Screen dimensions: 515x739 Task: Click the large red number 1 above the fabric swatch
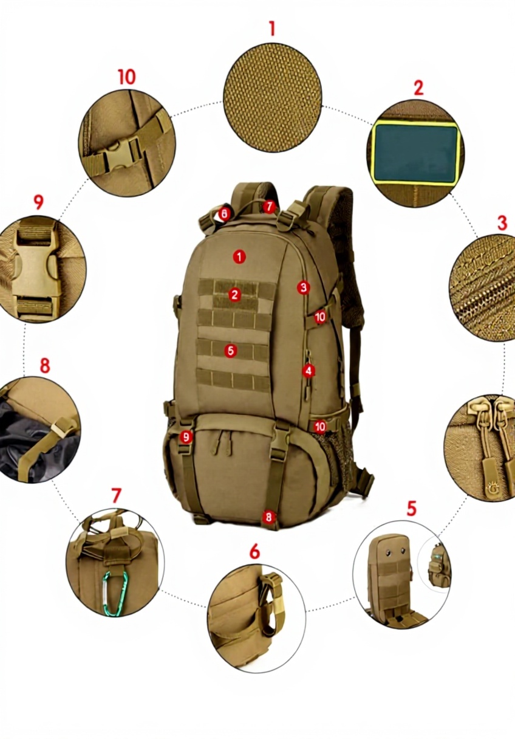(272, 29)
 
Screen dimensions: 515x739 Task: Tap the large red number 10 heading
(127, 77)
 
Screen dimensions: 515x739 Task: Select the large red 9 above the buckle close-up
(39, 202)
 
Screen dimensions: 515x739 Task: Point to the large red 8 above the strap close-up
(45, 365)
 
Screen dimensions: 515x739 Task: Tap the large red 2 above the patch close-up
(418, 88)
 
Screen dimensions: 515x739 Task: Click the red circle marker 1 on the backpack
(239, 256)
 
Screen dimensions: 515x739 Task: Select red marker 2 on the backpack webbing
(234, 295)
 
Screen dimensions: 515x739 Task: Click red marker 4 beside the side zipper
(309, 371)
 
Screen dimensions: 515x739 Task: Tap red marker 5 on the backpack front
(230, 351)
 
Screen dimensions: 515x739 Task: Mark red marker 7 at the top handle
(270, 207)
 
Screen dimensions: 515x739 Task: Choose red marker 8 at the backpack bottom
(268, 517)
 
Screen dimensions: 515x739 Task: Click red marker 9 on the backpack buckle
(186, 437)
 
